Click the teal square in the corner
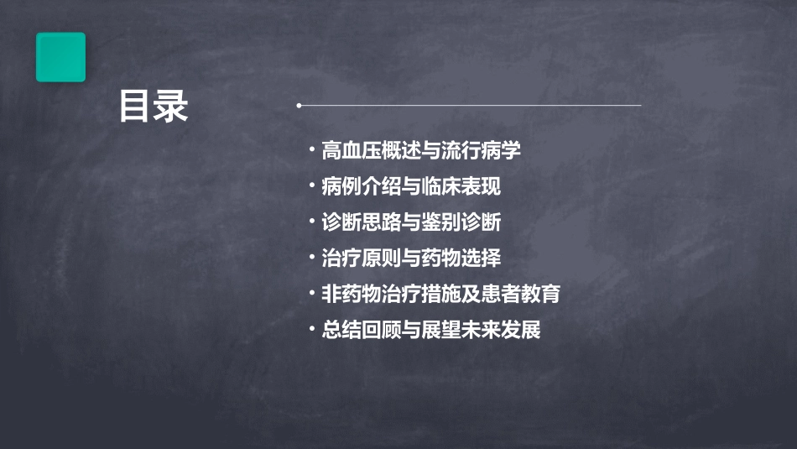pos(60,57)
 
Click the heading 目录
pos(154,107)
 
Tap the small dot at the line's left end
pos(300,105)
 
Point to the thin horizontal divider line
pos(470,105)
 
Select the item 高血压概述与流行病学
pos(421,150)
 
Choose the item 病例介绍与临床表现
pos(411,186)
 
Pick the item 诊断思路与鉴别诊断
pos(411,222)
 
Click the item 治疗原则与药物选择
pos(411,258)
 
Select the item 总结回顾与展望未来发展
pos(431,330)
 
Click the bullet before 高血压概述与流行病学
pos(312,150)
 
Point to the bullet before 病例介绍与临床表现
pos(312,186)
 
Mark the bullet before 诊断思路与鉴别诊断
pos(312,222)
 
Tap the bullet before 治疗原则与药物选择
pos(312,258)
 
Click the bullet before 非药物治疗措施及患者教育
pos(312,294)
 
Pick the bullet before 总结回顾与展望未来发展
pos(312,330)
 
